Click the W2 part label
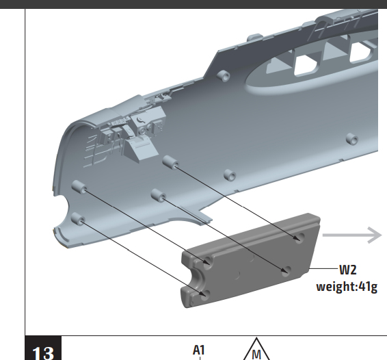348,270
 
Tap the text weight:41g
347,287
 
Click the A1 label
199,350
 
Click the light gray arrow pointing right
352,235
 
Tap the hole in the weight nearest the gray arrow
299,237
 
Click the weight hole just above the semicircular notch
208,261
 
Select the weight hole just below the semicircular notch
205,295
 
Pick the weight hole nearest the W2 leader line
286,271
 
